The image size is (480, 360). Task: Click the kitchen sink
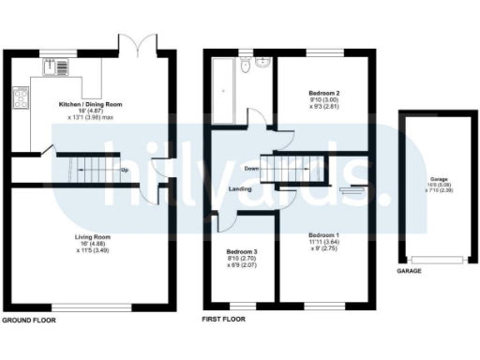click(x=47, y=67)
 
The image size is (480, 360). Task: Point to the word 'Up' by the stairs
click(x=124, y=170)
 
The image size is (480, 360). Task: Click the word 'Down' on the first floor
click(x=250, y=170)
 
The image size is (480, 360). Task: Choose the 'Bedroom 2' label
click(x=322, y=94)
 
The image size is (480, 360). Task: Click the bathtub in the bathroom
click(x=226, y=93)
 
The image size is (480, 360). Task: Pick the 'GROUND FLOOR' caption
click(x=28, y=320)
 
